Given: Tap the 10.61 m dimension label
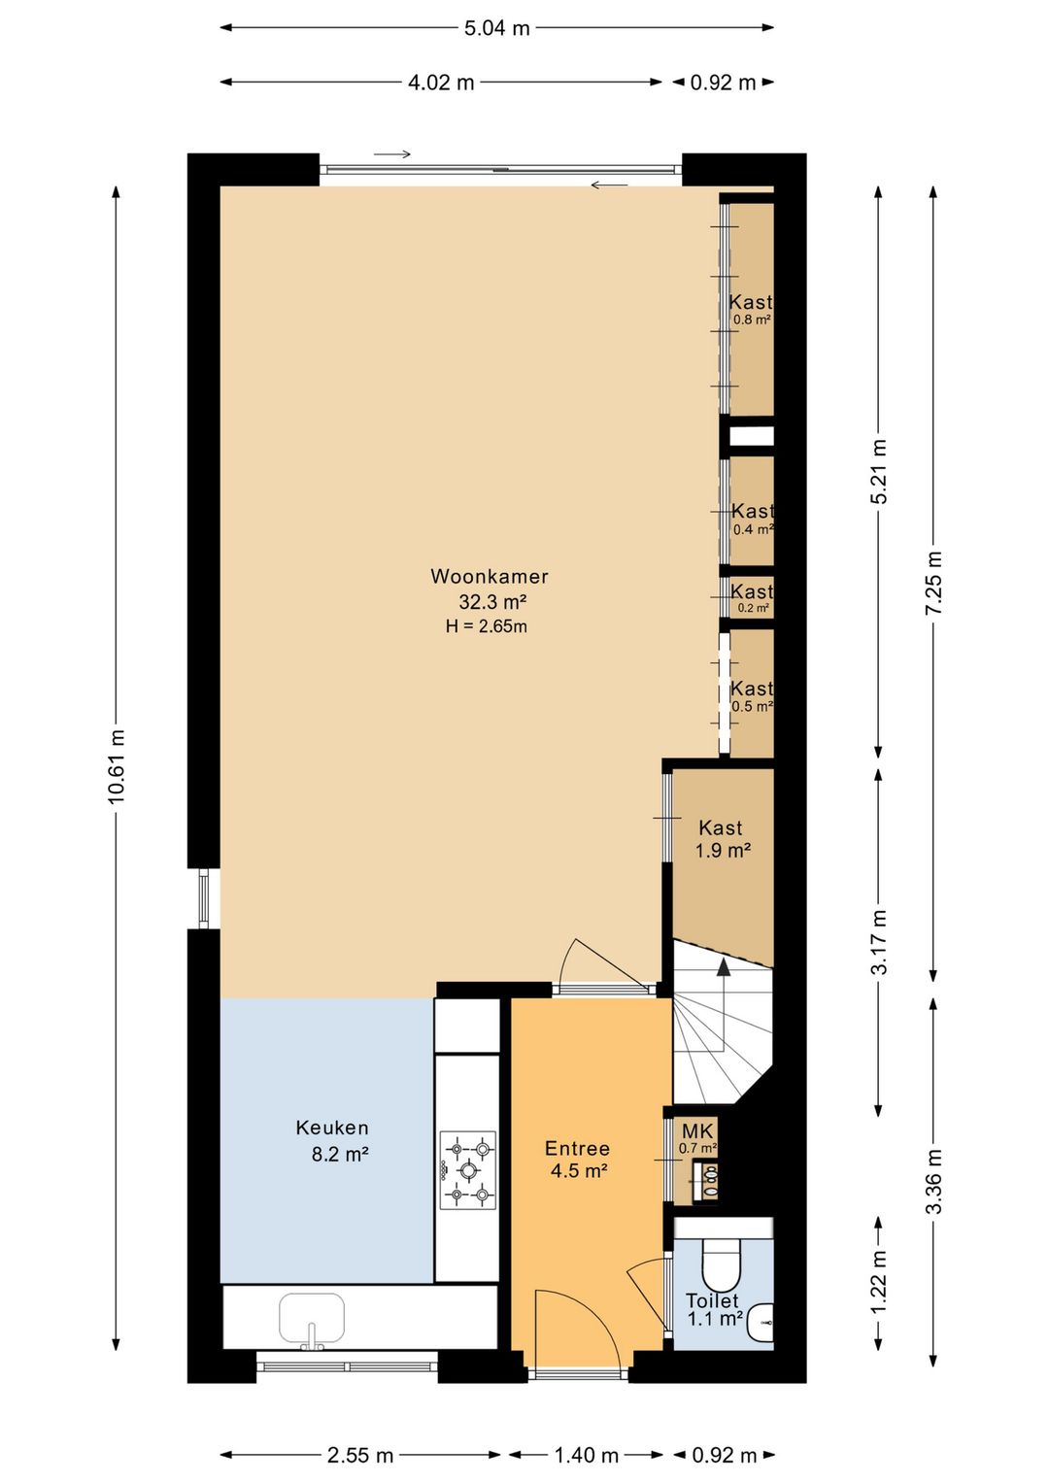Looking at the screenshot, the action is tap(117, 767).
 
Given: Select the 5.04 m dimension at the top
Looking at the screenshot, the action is tap(497, 28).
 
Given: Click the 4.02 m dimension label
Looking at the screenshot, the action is tap(441, 83).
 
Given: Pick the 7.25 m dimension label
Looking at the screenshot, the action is tap(933, 583).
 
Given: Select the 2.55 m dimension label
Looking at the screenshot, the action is tap(360, 1455).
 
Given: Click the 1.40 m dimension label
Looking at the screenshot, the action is tap(586, 1455).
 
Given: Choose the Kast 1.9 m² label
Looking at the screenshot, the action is tap(722, 839).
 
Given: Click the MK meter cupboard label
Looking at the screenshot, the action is tap(697, 1128).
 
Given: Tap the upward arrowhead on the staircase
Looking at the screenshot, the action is tap(724, 967).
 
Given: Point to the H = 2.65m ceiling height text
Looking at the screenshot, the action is tap(487, 626).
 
